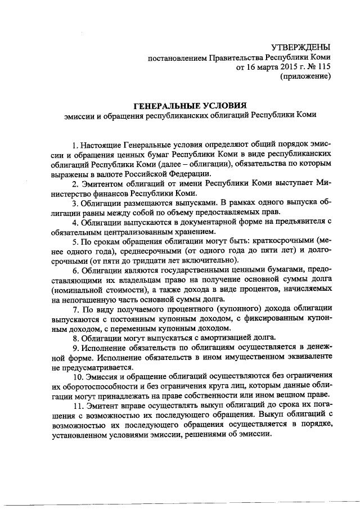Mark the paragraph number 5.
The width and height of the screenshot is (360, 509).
pyautogui.click(x=76, y=241)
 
